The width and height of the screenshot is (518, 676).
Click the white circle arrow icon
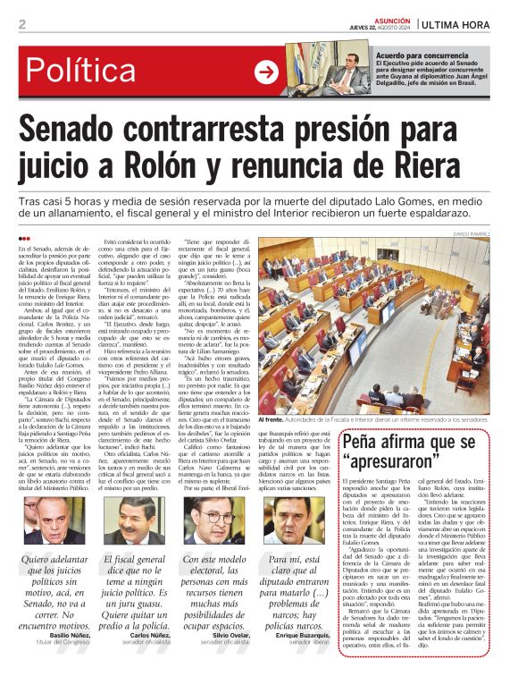point(266,71)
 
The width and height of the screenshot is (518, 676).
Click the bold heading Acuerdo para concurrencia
point(423,54)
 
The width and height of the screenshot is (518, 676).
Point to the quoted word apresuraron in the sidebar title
point(393,463)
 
